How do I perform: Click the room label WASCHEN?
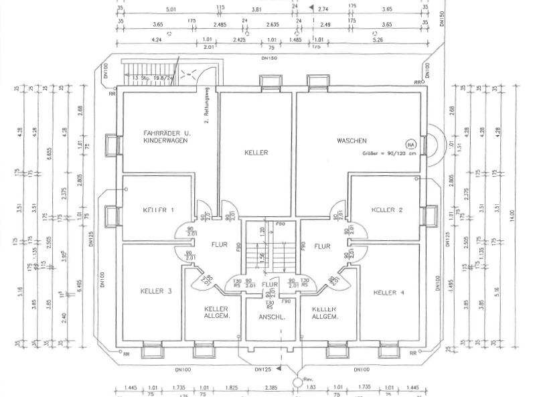click(x=351, y=141)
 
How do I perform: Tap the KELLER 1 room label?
click(x=159, y=210)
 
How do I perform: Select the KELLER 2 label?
click(x=387, y=210)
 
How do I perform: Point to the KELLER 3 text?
click(x=157, y=291)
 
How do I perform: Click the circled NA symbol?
click(x=409, y=143)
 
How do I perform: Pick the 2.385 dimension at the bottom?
click(x=271, y=388)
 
